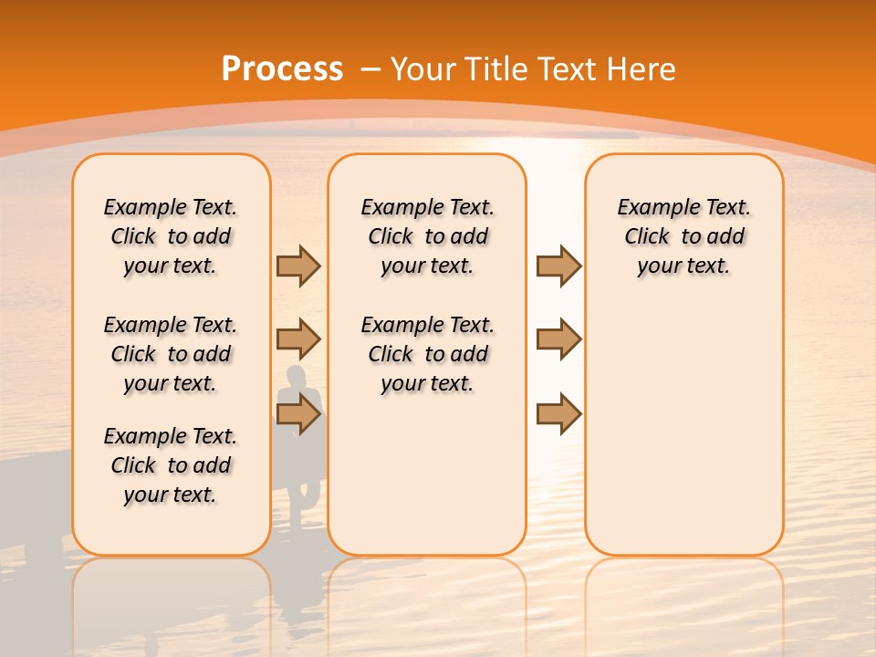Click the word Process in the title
(x=282, y=69)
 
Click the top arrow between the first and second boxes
(x=298, y=266)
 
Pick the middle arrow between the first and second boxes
(x=298, y=339)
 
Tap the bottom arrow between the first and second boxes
(x=298, y=414)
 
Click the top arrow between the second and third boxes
(x=558, y=266)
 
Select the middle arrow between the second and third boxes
(x=558, y=339)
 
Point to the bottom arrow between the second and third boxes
(x=558, y=414)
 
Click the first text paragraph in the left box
(x=171, y=236)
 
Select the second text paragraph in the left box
(x=171, y=354)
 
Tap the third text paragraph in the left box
(x=171, y=465)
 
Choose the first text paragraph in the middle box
(x=427, y=236)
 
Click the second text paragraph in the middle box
(x=427, y=354)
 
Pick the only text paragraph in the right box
(x=683, y=236)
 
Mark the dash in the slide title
(x=370, y=69)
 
